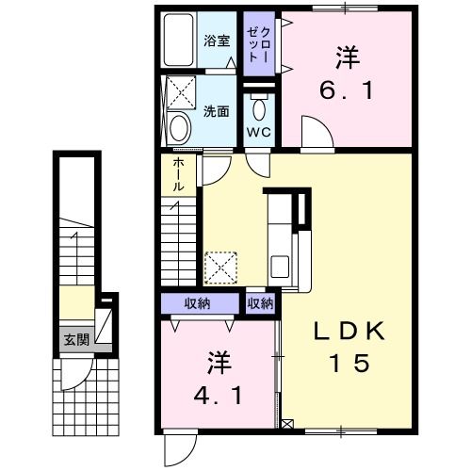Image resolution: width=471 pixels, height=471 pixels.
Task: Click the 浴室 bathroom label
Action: [x=217, y=41]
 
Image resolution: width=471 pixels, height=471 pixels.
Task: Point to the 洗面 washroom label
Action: [x=217, y=110]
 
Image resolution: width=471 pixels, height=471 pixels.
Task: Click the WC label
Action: [x=258, y=132]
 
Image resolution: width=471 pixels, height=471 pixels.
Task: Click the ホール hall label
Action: [x=178, y=175]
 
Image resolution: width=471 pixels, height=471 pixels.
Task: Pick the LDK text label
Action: [x=349, y=331]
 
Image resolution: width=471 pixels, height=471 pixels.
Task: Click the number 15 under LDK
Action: [x=350, y=362]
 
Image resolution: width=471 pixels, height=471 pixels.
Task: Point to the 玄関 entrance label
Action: [x=77, y=339]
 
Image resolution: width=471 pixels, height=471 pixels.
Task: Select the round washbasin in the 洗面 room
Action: [x=179, y=128]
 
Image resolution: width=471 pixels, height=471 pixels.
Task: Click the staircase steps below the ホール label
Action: [x=178, y=240]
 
